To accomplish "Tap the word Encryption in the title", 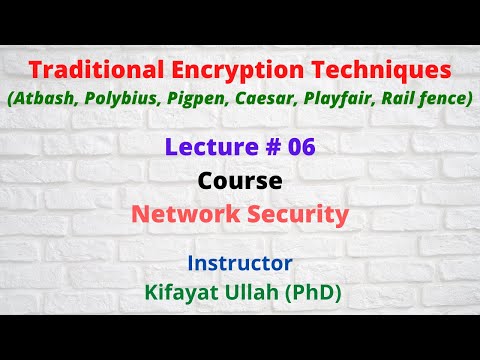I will [x=229, y=72].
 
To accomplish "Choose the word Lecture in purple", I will [x=207, y=148].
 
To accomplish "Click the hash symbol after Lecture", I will [x=264, y=148].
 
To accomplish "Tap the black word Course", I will [x=240, y=182].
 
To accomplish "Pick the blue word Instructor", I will [x=240, y=264].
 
